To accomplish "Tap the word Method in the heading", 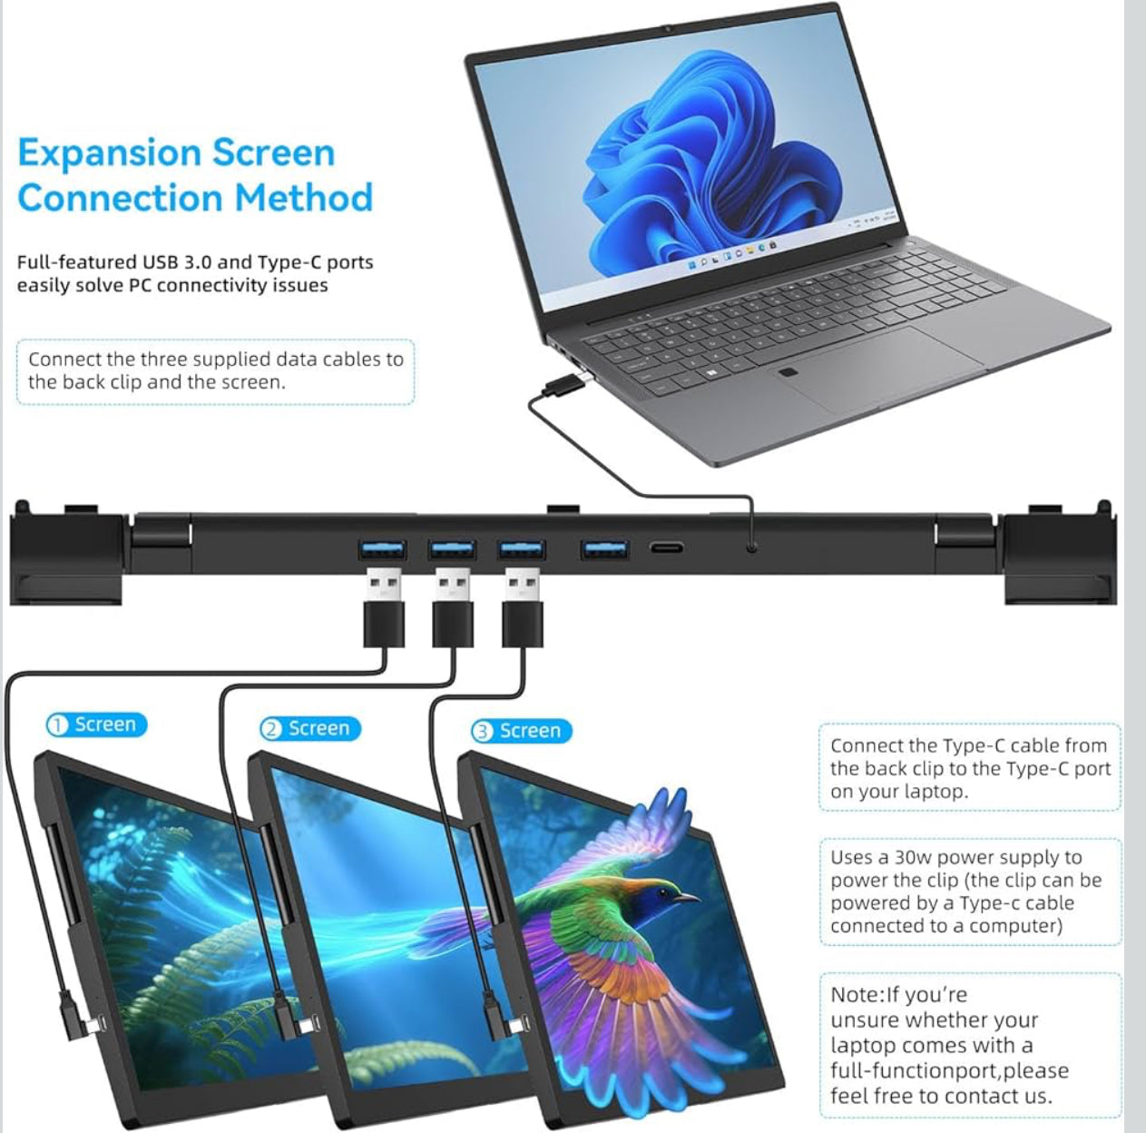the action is (x=304, y=198).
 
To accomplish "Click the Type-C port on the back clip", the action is (x=667, y=548).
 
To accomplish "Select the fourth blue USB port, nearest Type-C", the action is (x=605, y=549).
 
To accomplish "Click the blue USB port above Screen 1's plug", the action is (x=382, y=549).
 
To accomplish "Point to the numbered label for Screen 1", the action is (x=96, y=724).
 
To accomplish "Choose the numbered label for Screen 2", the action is (x=309, y=728).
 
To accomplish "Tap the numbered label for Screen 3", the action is (x=522, y=731).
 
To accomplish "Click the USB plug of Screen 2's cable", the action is (x=453, y=607).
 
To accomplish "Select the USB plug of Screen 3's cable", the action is (x=522, y=607).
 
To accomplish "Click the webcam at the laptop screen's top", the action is (x=668, y=28).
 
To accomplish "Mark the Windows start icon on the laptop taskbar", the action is (x=691, y=264).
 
